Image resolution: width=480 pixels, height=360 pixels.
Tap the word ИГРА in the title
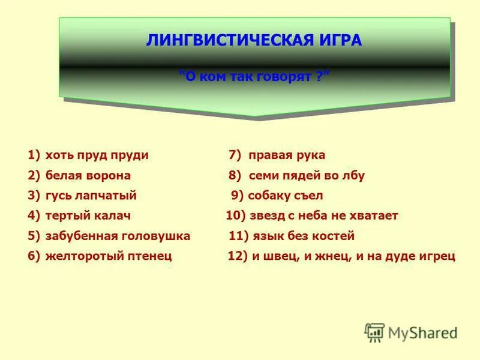tap(340, 41)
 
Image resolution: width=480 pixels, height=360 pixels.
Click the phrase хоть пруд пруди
tap(97, 155)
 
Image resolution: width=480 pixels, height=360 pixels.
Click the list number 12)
tap(238, 256)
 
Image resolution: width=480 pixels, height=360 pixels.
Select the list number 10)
tap(236, 215)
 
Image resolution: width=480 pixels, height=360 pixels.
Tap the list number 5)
tap(34, 236)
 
